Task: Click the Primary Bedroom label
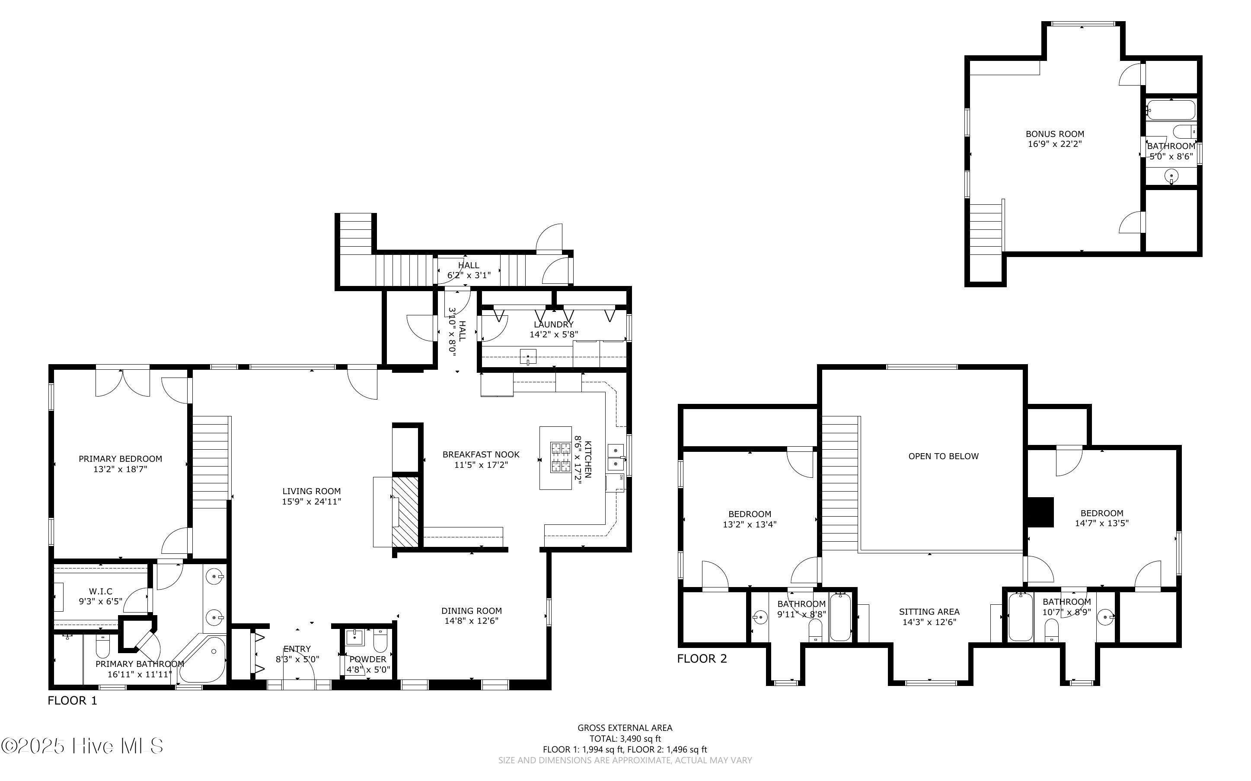(121, 459)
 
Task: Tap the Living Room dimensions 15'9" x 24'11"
(312, 502)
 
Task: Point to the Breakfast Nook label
(481, 454)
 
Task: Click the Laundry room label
(553, 324)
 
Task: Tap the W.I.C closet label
(101, 591)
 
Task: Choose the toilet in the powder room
(380, 641)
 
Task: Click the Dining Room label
(472, 610)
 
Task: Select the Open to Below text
(944, 456)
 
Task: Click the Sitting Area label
(929, 612)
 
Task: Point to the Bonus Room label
(1055, 134)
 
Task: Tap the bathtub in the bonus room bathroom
(1171, 110)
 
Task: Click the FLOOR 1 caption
(72, 700)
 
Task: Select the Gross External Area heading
(625, 728)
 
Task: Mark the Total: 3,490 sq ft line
(625, 739)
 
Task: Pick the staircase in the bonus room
(986, 228)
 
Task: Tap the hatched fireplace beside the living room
(405, 512)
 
